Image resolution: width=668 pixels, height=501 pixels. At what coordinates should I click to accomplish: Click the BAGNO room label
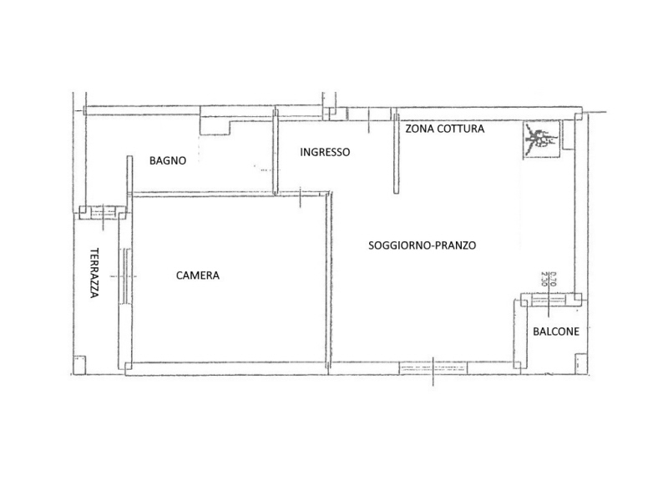point(168,160)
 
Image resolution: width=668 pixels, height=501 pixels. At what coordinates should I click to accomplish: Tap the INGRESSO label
point(325,152)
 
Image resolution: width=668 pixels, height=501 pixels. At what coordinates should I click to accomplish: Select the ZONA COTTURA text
point(445,129)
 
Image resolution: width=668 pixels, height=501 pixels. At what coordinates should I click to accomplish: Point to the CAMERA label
point(198,276)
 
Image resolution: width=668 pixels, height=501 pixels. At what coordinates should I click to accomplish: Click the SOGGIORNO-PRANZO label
point(423,245)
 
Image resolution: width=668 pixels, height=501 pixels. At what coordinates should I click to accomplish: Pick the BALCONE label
point(556,331)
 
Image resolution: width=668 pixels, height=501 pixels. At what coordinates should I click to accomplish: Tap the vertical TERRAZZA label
point(94,273)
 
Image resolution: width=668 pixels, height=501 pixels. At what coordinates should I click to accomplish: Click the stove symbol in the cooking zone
point(541,139)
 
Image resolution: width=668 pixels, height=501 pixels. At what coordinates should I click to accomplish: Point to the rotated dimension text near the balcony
point(549,279)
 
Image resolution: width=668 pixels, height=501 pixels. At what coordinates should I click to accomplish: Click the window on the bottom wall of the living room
point(433,368)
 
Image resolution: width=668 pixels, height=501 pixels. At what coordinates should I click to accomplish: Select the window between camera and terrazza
point(125,276)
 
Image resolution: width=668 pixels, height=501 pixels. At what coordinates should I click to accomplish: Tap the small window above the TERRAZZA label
point(103,212)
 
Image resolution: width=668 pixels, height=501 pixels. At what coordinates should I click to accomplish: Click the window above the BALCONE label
point(549,299)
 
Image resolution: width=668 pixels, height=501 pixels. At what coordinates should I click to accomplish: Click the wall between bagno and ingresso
point(276,152)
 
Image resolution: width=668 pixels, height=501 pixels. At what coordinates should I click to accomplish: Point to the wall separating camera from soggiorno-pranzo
point(328,281)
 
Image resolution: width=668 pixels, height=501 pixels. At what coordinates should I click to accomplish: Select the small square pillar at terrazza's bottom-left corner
point(79,365)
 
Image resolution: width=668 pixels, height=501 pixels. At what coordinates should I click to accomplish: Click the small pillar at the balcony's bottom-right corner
point(581,363)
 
